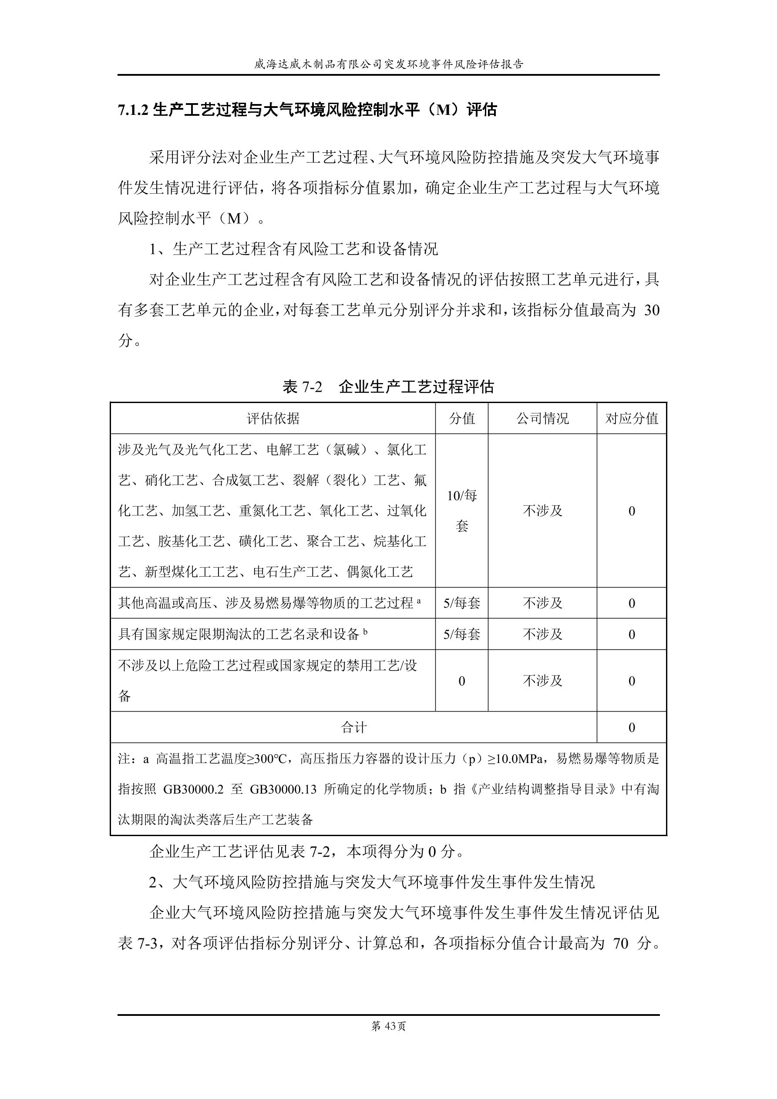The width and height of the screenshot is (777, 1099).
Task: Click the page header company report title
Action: coord(388,64)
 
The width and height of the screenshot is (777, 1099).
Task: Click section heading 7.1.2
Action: coord(307,110)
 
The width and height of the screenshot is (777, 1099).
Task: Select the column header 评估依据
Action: coord(273,418)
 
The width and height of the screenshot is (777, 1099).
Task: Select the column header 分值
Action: coord(461,418)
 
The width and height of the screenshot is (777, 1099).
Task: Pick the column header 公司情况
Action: coord(542,418)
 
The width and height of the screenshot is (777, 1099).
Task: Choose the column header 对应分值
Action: coord(632,418)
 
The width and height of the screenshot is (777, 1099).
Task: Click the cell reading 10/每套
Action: coord(461,511)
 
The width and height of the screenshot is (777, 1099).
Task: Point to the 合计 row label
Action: coord(353,728)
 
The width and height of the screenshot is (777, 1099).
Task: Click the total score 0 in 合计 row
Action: coord(632,728)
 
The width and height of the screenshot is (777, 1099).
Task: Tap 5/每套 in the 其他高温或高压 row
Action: coord(461,603)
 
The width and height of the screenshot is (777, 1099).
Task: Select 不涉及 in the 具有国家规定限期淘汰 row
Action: coord(542,634)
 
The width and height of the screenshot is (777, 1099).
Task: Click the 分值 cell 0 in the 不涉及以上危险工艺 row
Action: coord(461,681)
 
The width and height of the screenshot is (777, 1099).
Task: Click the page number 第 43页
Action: coord(388,1026)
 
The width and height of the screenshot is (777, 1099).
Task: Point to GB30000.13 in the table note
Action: coord(283,789)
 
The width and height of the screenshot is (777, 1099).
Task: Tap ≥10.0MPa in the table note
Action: coord(518,759)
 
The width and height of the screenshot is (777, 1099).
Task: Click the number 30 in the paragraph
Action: coord(652,311)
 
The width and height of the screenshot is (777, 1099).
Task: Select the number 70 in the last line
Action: coord(620,944)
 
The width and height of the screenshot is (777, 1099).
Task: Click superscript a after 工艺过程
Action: coord(419,600)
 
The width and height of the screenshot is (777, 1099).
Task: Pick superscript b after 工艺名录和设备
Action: coord(365,632)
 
